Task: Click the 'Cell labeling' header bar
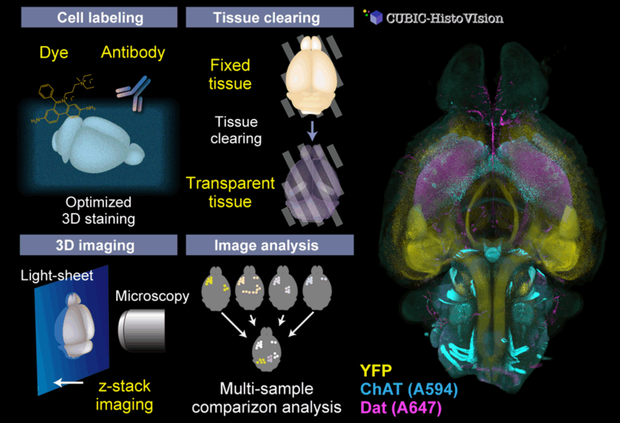pyautogui.click(x=100, y=17)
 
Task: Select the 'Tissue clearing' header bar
pyautogui.click(x=266, y=17)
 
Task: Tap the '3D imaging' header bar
pyautogui.click(x=100, y=246)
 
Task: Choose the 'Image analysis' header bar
pyautogui.click(x=266, y=246)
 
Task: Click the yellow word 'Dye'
pyautogui.click(x=54, y=53)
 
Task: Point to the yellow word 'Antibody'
pyautogui.click(x=133, y=53)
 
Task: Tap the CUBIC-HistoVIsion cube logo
pyautogui.click(x=376, y=18)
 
